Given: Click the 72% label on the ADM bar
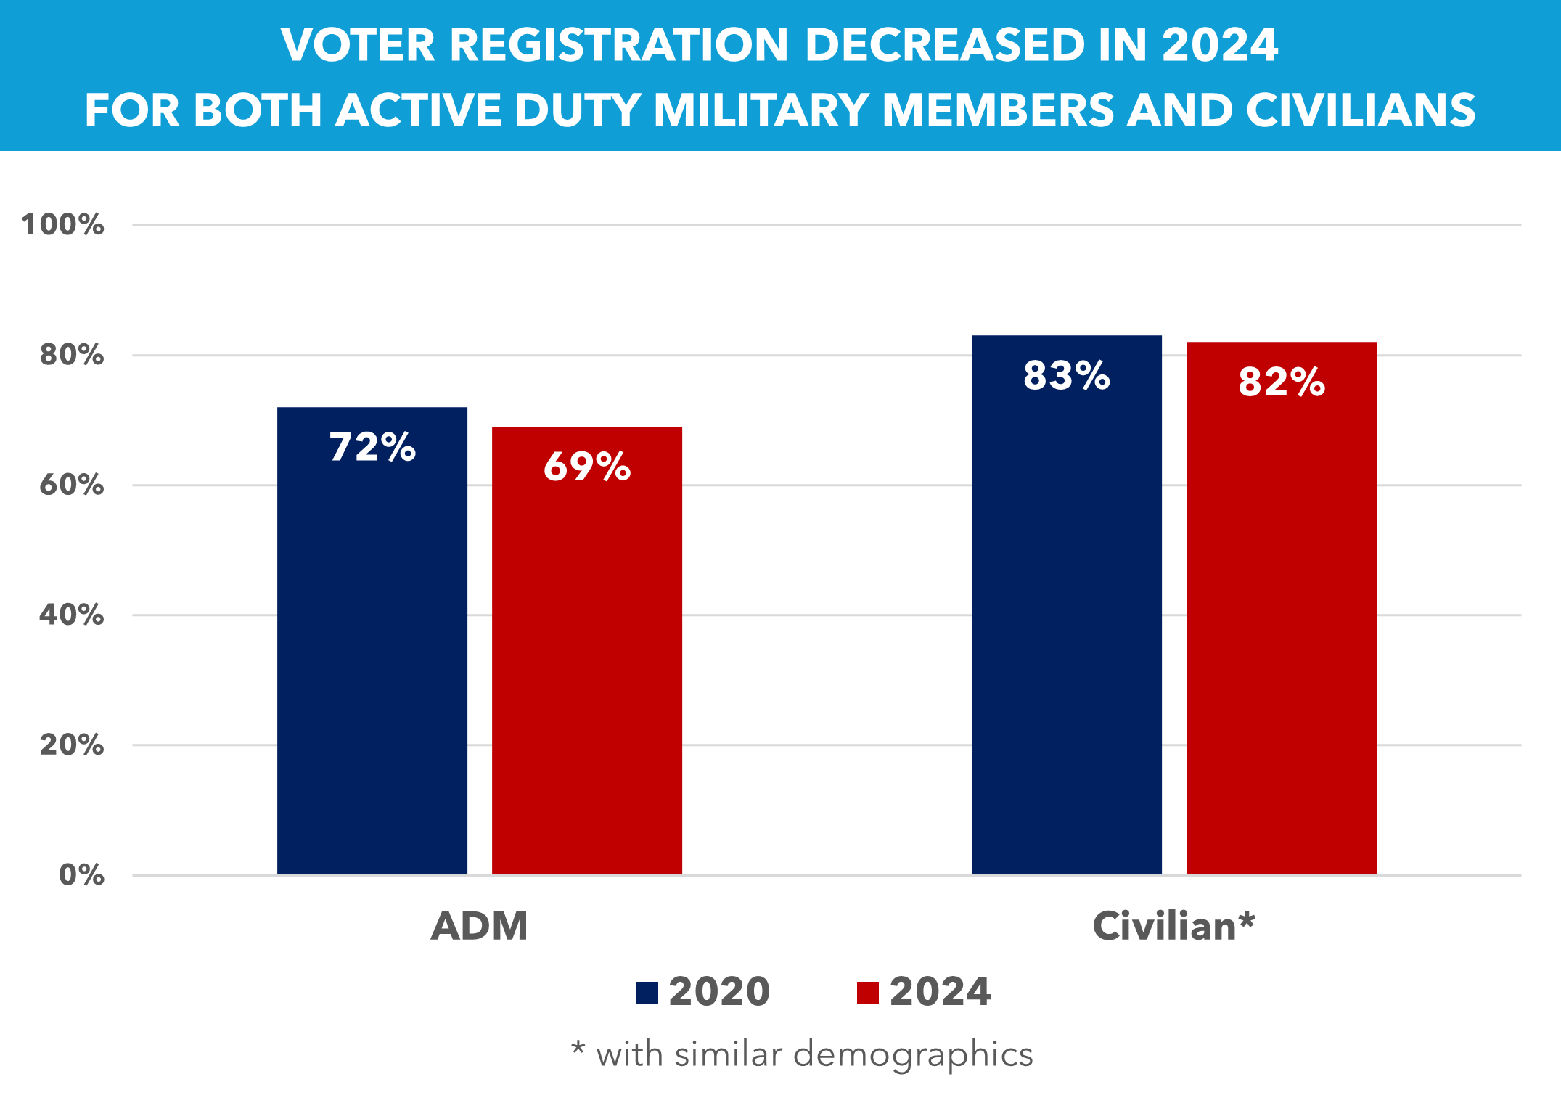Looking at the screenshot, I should pyautogui.click(x=372, y=447).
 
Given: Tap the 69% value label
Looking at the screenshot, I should pyautogui.click(x=587, y=466).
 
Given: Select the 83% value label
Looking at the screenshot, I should pyautogui.click(x=1066, y=376).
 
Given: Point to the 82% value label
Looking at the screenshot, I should pyautogui.click(x=1282, y=382).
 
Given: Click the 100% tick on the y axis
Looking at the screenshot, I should pyautogui.click(x=62, y=225).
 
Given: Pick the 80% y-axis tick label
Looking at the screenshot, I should pyautogui.click(x=71, y=355).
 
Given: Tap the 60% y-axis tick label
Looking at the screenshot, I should pyautogui.click(x=71, y=485).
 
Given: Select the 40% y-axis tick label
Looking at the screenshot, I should pyautogui.click(x=71, y=615).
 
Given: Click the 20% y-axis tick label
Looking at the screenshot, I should pyautogui.click(x=71, y=745).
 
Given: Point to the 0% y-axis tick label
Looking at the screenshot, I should pyautogui.click(x=81, y=875).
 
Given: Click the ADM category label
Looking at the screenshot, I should pyautogui.click(x=479, y=926).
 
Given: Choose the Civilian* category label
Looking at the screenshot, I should pyautogui.click(x=1173, y=926).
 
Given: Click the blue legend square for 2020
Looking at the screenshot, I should pyautogui.click(x=647, y=992).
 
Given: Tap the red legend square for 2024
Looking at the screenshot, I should pyautogui.click(x=867, y=992).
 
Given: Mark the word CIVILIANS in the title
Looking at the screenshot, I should pyautogui.click(x=1360, y=110).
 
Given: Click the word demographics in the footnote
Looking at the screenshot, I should pyautogui.click(x=913, y=1054).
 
